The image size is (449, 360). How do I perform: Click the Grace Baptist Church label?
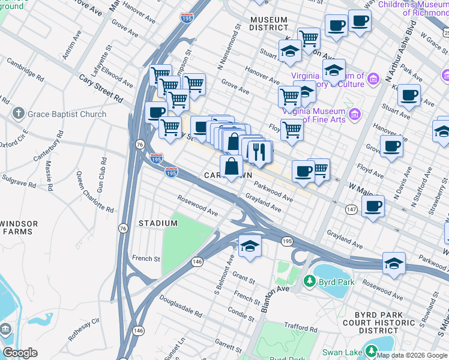coord(67,114)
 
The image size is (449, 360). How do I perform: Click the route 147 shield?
coord(351,209)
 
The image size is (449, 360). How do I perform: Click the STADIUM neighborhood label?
coord(158,223)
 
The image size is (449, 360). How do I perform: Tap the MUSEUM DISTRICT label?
coord(268,23)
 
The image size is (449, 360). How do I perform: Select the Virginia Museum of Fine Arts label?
coord(315,116)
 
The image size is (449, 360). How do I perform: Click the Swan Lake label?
coord(342,352)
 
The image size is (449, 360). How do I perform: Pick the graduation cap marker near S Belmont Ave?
coord(250,246)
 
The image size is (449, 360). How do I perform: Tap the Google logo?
coord(20,353)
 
